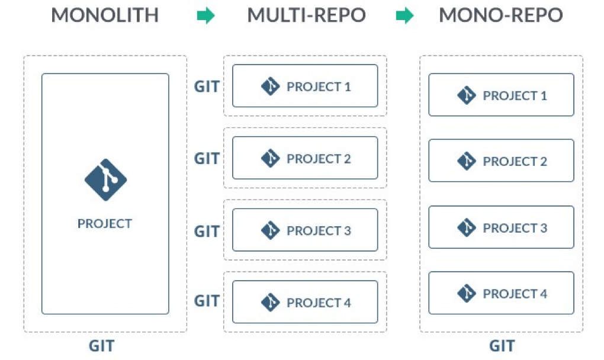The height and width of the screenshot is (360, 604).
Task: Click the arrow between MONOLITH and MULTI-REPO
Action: coord(205,17)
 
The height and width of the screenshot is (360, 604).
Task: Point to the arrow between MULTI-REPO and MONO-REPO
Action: coord(404,17)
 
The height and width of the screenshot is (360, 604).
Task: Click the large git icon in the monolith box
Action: coord(105,180)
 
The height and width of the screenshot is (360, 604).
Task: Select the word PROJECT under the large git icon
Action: coord(105,224)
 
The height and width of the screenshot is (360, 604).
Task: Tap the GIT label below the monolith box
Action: coord(101,346)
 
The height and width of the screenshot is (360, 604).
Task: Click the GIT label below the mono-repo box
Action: coord(502,346)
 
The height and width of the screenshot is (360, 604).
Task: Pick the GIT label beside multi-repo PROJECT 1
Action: coord(207,86)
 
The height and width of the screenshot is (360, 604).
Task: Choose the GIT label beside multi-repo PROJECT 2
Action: coord(207,159)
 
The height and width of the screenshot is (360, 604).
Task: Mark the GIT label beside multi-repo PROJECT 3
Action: coord(207,231)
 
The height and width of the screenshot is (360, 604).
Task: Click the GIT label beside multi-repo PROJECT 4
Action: coord(207,301)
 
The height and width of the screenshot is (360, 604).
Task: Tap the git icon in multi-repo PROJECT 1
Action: coord(270,86)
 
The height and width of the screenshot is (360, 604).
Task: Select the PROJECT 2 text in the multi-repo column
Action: coord(319,159)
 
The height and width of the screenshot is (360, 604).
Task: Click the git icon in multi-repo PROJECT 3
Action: coord(270,230)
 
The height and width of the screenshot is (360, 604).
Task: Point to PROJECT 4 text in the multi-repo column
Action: coord(319,303)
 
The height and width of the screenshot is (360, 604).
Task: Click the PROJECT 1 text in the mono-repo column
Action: coord(515,95)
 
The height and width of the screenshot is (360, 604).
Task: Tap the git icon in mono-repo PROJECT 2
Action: coord(467,161)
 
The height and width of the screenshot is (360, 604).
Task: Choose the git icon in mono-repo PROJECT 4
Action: coord(467,293)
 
